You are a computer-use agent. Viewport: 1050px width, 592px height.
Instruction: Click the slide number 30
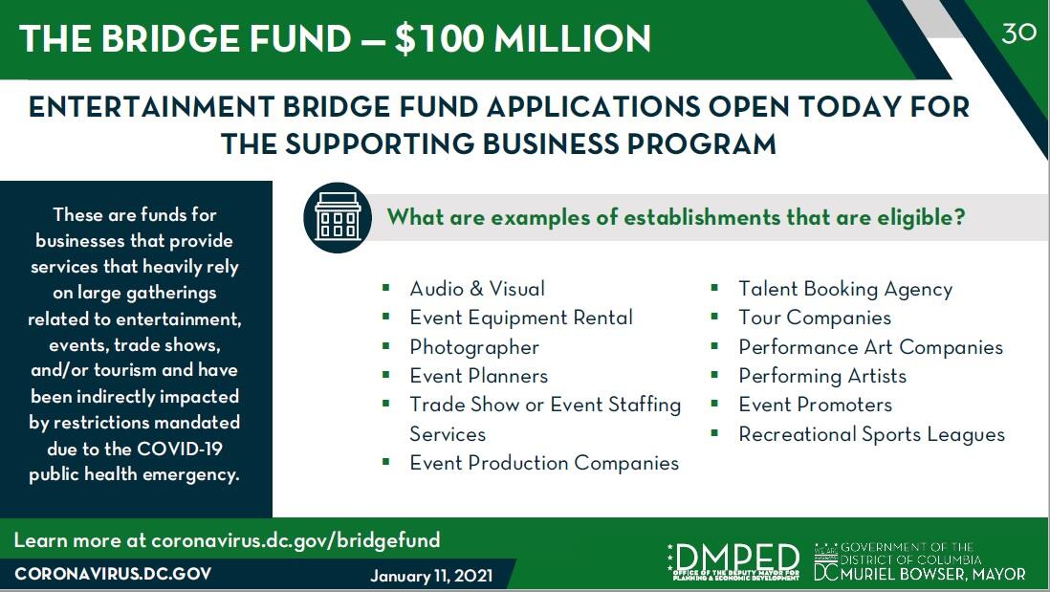coord(1018,33)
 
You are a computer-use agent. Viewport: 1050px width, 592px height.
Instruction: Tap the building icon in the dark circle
coord(337,218)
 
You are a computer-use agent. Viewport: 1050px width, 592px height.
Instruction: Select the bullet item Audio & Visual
coord(477,289)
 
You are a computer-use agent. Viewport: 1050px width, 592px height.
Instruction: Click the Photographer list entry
coord(474,347)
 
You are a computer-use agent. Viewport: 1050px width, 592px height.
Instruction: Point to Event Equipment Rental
coord(521,318)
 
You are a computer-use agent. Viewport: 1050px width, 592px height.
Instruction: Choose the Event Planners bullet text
coord(478,376)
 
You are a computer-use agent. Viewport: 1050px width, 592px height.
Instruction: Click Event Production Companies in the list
coord(544,463)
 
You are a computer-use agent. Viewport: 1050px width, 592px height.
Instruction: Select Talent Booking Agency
coord(845,289)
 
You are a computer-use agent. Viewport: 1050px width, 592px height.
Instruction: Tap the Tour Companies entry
coord(815,318)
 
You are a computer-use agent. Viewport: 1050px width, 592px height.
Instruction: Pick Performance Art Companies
coord(870,347)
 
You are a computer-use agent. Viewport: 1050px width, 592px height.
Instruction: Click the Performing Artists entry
coord(822,376)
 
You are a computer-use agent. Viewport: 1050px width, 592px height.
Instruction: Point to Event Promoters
coord(815,405)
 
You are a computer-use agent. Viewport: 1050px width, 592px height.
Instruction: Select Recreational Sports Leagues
coord(871,434)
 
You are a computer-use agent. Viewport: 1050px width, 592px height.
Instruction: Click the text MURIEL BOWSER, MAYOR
coord(932,574)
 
